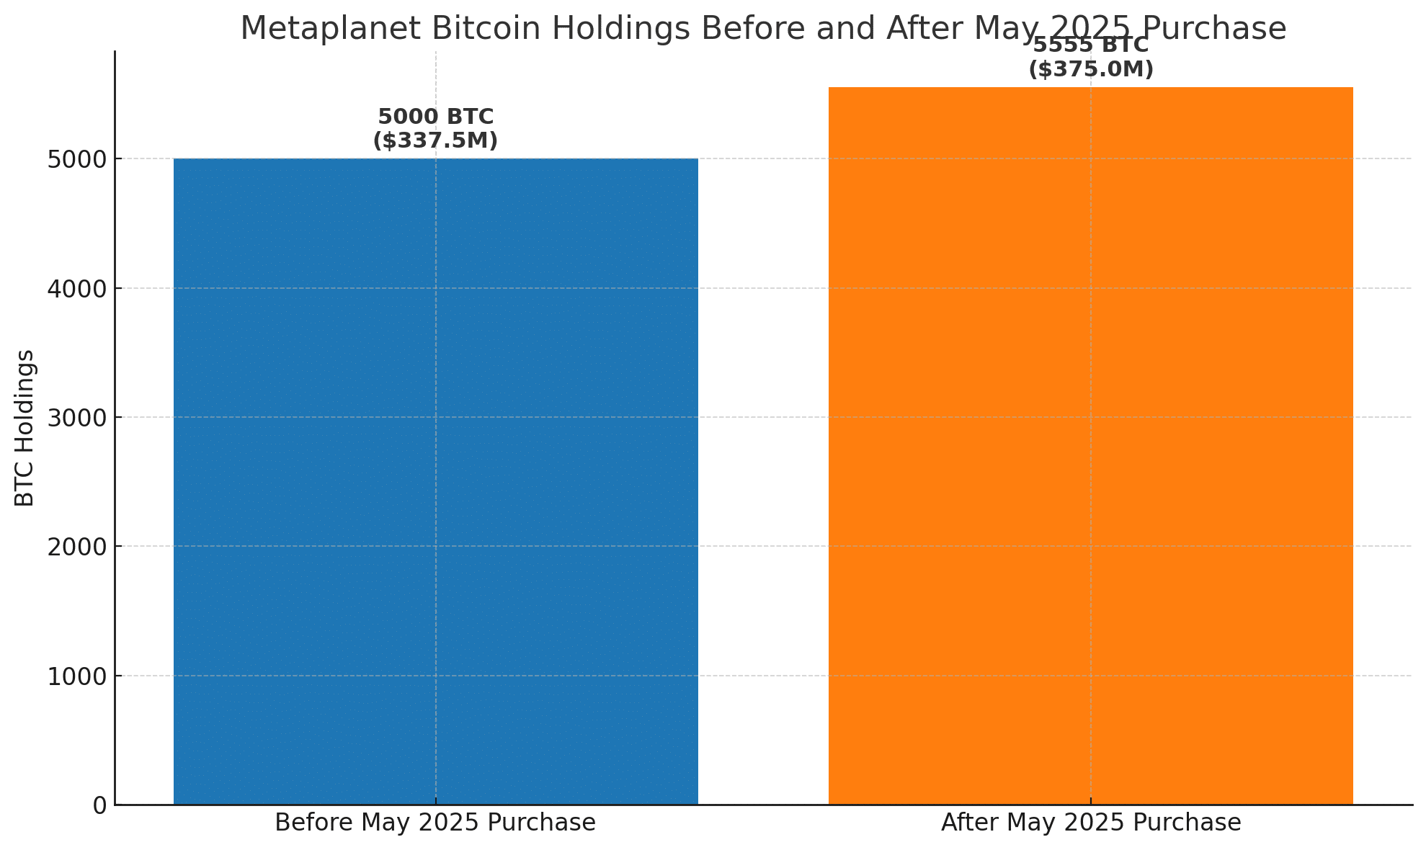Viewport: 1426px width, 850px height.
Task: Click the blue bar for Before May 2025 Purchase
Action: [x=435, y=481]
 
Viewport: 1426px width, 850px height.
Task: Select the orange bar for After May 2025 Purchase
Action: [x=1090, y=446]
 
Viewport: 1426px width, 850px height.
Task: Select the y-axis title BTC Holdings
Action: [x=25, y=428]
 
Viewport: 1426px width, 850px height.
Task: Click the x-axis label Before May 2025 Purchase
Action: [x=435, y=823]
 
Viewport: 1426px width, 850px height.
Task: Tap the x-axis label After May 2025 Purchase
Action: [x=1090, y=823]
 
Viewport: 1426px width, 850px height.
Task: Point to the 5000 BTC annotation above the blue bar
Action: [x=435, y=117]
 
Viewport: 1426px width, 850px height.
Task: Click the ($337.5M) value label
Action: [x=435, y=140]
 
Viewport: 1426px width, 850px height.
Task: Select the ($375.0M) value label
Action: [x=1090, y=70]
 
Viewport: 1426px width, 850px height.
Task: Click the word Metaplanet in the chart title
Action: [x=310, y=29]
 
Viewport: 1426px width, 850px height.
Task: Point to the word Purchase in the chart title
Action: [x=1214, y=29]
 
